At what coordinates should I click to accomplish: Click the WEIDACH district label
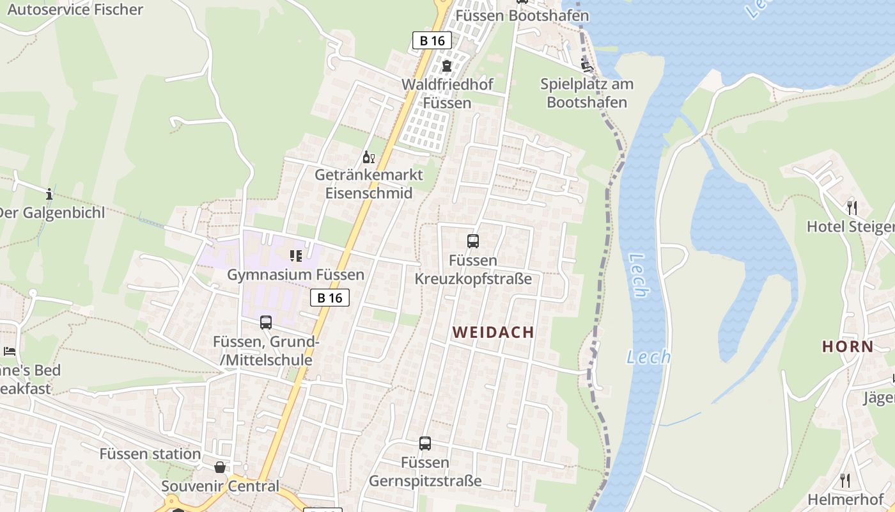point(493,332)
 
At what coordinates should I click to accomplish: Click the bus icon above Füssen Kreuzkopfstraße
point(473,241)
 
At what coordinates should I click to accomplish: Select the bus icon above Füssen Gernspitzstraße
point(424,443)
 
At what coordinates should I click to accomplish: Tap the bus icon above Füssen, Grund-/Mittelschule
point(266,323)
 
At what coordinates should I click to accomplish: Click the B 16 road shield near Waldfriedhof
point(432,41)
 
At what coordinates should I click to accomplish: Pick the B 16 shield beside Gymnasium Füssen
point(330,298)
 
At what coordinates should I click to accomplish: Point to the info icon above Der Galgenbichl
point(49,193)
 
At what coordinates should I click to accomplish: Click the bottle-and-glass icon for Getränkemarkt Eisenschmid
point(368,157)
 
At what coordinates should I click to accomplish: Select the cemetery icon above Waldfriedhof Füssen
point(446,66)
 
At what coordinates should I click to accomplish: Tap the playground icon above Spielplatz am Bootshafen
point(586,65)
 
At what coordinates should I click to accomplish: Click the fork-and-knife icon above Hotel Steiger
point(852,207)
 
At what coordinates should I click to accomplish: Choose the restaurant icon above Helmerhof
point(844,480)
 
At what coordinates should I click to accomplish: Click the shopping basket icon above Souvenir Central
point(220,467)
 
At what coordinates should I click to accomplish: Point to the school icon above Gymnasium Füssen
point(295,256)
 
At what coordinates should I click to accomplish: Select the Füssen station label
point(150,454)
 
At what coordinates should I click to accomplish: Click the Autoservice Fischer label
point(75,10)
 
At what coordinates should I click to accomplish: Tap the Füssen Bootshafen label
point(522,15)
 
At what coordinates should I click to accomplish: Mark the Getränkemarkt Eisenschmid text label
point(369,184)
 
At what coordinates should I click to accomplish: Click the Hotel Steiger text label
point(850,227)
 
